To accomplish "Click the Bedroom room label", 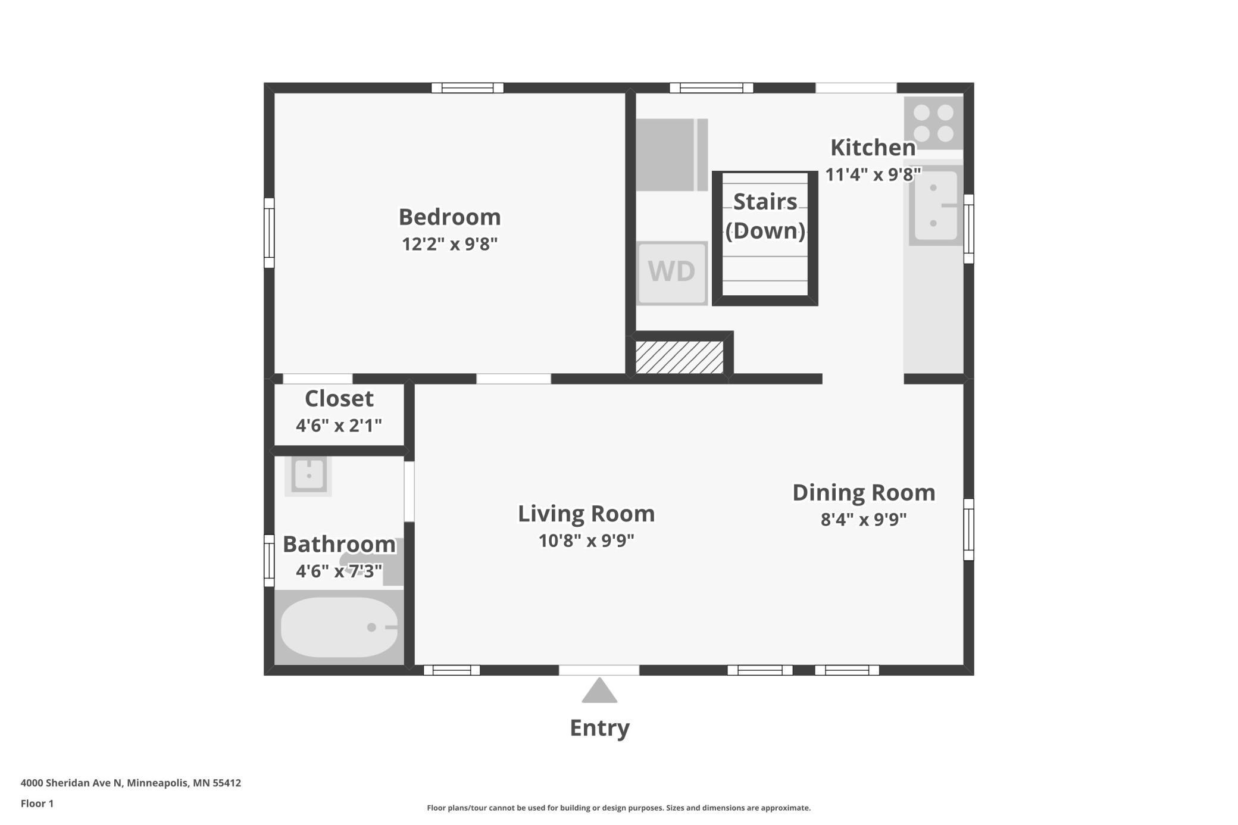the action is coord(449,217).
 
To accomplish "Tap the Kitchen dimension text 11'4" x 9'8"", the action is coord(873,174).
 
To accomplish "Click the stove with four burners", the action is coord(933,123).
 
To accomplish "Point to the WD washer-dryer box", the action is coord(672,273).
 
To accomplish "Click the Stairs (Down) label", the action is coord(765,216).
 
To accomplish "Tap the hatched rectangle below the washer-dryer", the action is coord(679,357).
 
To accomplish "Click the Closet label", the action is coord(339,398).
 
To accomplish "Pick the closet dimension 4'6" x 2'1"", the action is coord(339,426).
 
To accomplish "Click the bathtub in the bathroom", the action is coord(339,627).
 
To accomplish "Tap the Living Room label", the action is coord(586,513).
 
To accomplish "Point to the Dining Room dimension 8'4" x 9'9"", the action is coord(864,520).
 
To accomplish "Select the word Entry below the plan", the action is coord(599,728).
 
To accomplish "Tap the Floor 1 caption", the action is coord(37,804).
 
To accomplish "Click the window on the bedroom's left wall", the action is coord(269,233).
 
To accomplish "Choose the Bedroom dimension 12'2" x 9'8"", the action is coord(449,244).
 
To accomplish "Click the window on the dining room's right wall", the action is coord(969,529).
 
